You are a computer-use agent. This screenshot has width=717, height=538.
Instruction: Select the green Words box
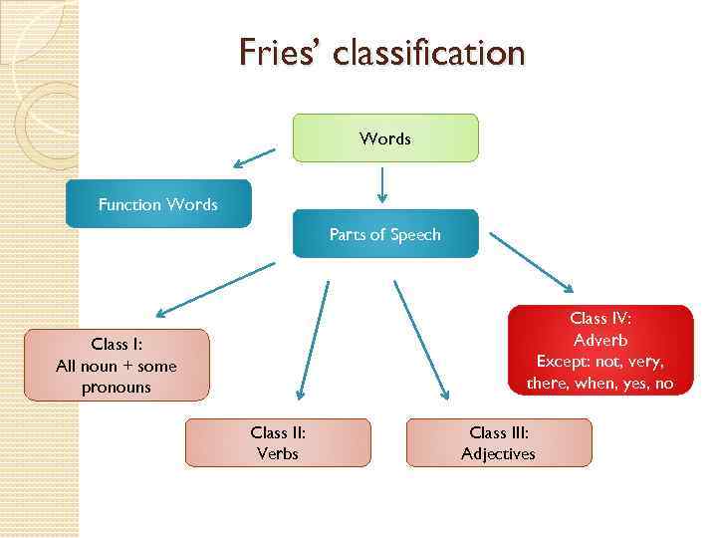(x=385, y=138)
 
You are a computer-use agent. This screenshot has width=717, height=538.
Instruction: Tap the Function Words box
(x=158, y=204)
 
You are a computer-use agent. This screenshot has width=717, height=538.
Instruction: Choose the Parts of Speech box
(x=385, y=234)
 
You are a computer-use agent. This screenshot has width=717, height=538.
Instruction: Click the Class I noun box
(x=117, y=366)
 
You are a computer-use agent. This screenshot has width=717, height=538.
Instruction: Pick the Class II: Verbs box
(x=278, y=443)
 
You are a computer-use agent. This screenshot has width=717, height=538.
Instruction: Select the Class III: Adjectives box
(x=499, y=443)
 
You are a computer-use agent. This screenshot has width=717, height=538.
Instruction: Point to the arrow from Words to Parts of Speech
(x=382, y=184)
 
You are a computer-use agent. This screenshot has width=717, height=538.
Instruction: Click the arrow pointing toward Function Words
(x=255, y=156)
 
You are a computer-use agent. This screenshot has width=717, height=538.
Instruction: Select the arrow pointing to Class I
(x=213, y=289)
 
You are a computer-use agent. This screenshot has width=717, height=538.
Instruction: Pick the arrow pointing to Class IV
(x=531, y=263)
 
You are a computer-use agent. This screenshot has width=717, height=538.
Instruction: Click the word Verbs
(x=278, y=454)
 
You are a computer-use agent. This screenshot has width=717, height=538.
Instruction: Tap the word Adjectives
(x=498, y=454)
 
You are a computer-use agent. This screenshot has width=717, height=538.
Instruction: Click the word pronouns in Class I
(x=117, y=388)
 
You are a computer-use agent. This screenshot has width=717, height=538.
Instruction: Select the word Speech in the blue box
(x=415, y=235)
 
